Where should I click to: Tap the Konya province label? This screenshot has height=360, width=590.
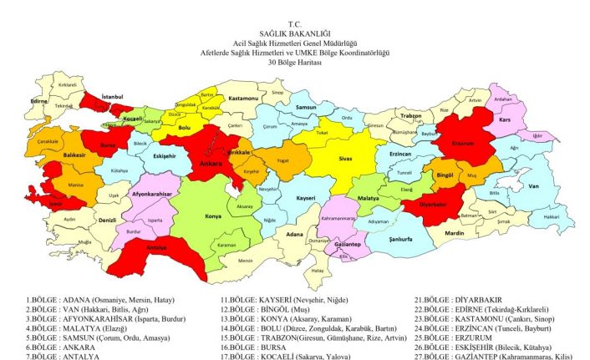point(212,215)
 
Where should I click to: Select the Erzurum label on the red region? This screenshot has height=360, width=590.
point(462,143)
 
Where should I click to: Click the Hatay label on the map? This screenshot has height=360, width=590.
point(316,271)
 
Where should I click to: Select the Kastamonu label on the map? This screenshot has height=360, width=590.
point(246,99)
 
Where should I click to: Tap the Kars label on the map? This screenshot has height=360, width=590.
point(504,119)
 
